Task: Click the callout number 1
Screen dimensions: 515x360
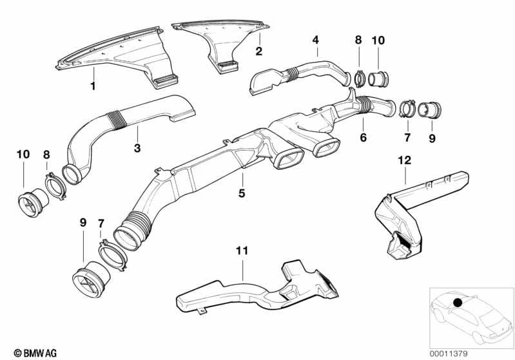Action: [x=93, y=86]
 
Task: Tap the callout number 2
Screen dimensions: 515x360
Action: [x=259, y=51]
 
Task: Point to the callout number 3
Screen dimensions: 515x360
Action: [x=137, y=148]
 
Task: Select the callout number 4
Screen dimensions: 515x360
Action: [x=316, y=40]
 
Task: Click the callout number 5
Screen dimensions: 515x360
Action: [x=242, y=193]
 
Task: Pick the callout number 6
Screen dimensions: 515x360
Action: [x=363, y=137]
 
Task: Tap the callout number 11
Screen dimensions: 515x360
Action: [x=242, y=251]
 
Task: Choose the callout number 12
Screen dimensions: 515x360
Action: [x=404, y=160]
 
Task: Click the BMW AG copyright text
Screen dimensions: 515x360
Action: [x=35, y=353]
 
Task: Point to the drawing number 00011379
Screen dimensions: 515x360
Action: [x=449, y=354]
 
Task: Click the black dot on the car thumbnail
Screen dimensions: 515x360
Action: [x=457, y=302]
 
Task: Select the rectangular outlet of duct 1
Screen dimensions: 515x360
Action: [x=166, y=81]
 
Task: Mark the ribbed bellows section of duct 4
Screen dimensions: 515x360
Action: [x=293, y=74]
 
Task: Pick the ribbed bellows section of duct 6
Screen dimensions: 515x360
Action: [x=364, y=104]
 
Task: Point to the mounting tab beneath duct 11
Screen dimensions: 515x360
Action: [x=202, y=310]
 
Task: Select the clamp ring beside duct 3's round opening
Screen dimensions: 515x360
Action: [x=55, y=186]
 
